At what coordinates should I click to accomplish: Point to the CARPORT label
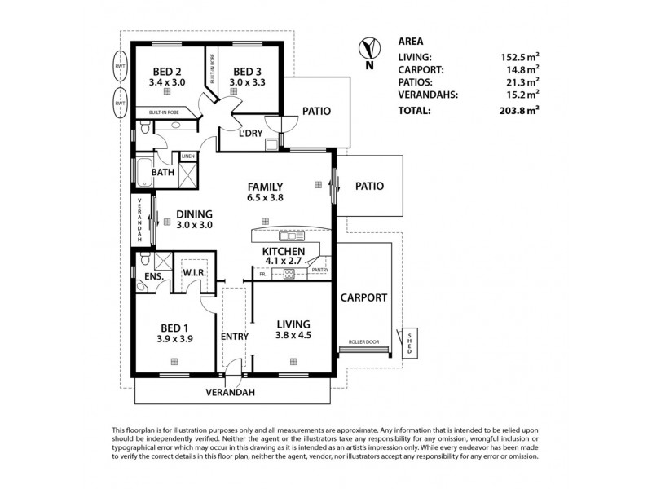(363, 297)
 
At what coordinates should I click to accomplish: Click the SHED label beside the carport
(410, 342)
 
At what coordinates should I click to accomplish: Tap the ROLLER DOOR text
(363, 343)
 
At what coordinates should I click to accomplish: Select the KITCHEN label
(284, 251)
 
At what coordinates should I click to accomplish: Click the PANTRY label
(320, 270)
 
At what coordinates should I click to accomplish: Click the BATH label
(163, 173)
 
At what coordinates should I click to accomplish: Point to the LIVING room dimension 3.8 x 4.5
(294, 333)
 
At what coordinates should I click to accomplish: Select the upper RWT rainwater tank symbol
(121, 65)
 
